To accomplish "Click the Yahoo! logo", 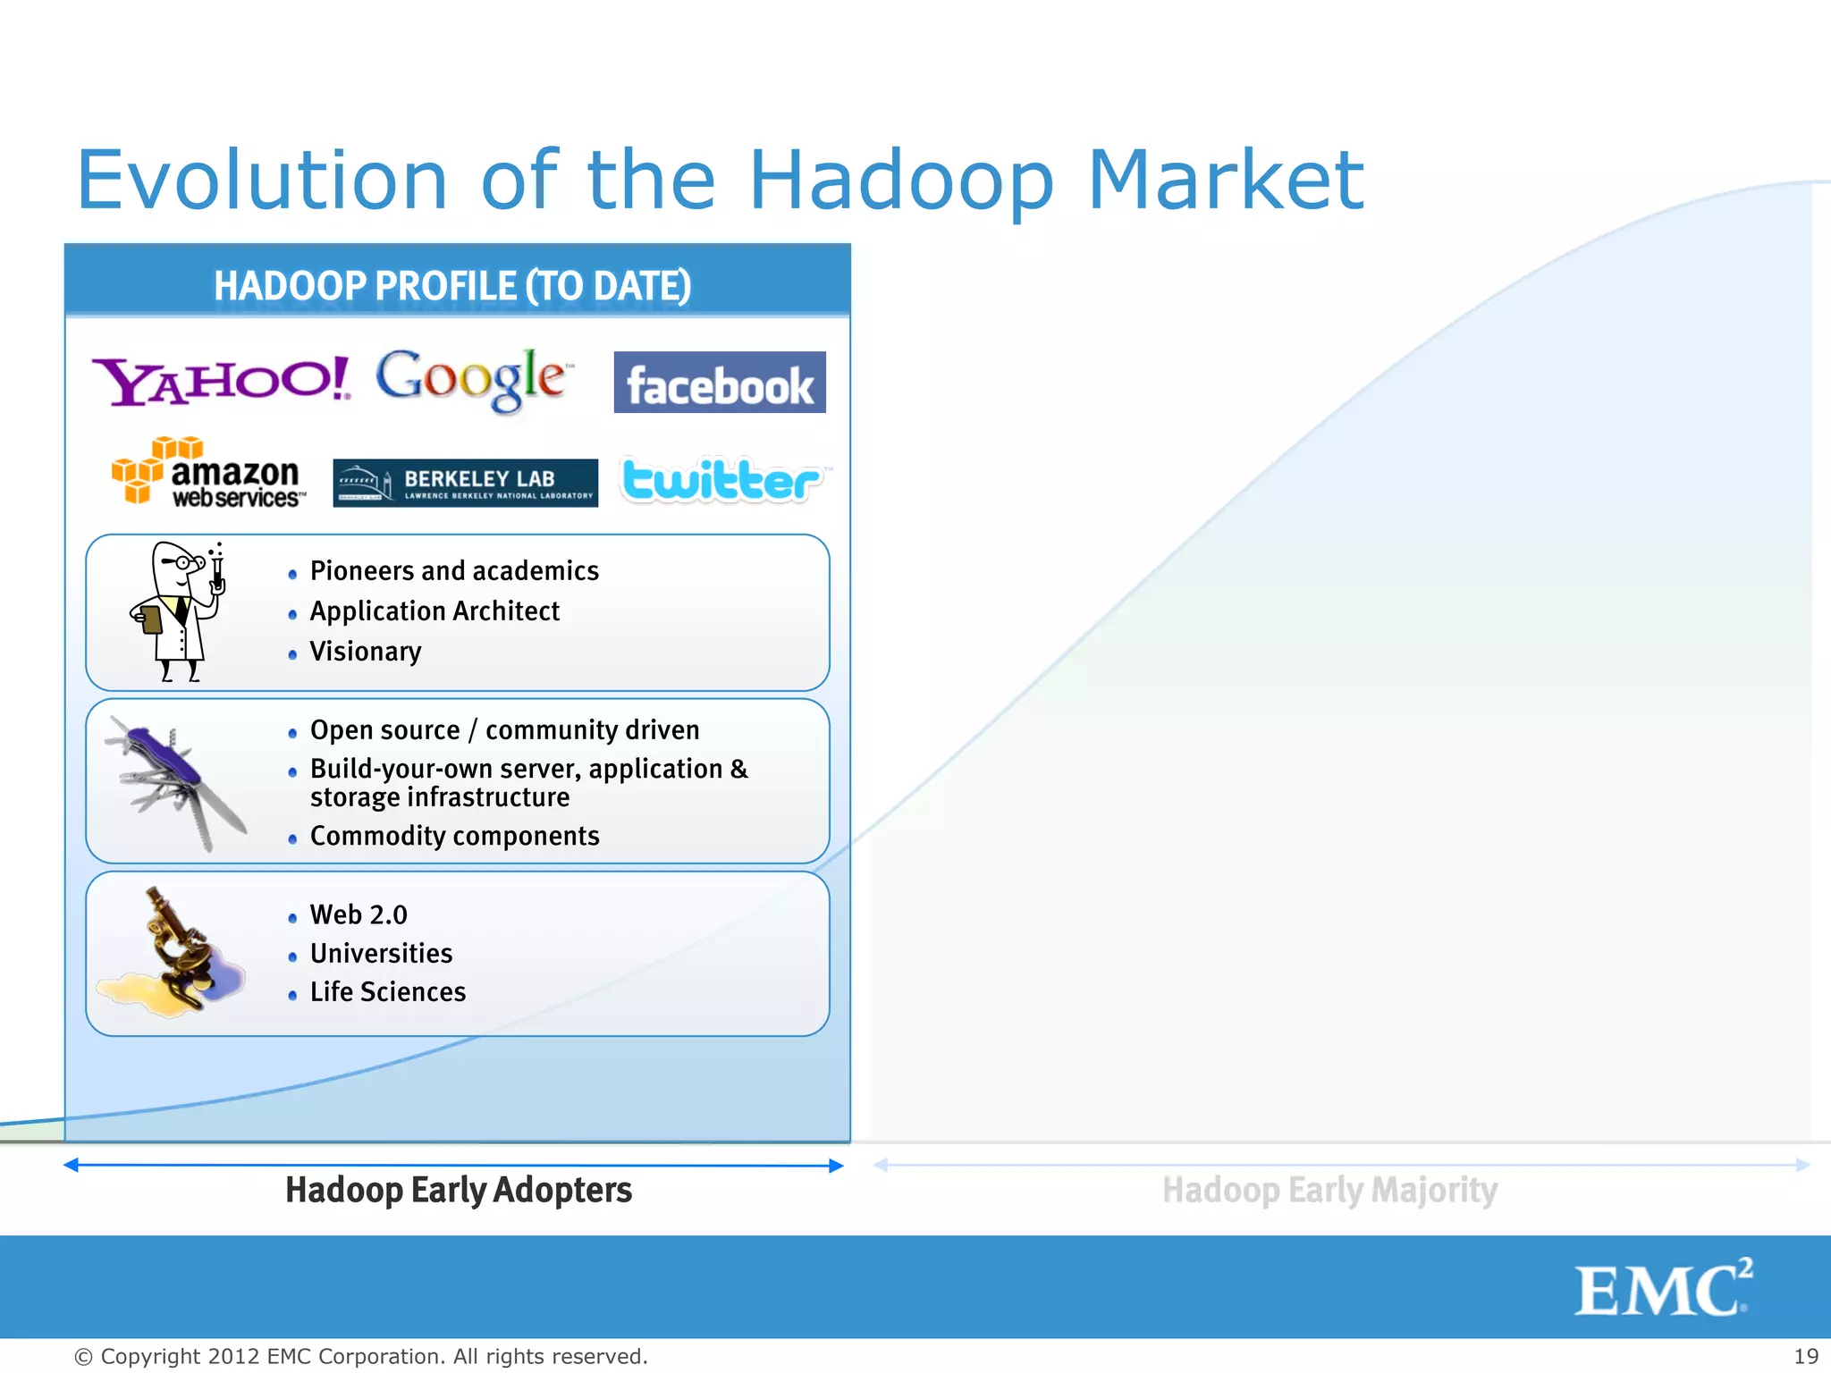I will (221, 381).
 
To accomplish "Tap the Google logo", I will (470, 379).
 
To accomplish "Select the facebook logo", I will (719, 383).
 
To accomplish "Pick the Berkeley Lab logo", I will (465, 483).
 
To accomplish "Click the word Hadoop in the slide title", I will (900, 181).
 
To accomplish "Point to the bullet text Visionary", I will (365, 652).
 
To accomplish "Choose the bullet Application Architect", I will (435, 611).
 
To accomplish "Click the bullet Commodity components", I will (454, 837).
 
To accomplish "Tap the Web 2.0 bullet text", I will (359, 915).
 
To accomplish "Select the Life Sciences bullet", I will (387, 992).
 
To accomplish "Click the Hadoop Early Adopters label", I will (458, 1191).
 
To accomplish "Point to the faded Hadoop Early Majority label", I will (1329, 1191).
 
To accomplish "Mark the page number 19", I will (1805, 1356).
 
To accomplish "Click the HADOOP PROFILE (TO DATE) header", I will (452, 286).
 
